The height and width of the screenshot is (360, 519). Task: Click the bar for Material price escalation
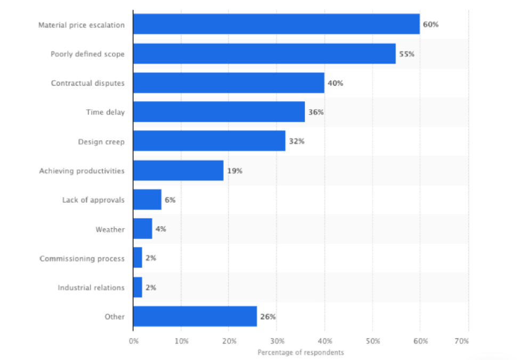(276, 25)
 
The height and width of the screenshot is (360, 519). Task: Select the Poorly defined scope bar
(264, 54)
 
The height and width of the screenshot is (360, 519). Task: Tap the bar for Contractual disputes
(229, 83)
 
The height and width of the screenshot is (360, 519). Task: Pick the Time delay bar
(219, 112)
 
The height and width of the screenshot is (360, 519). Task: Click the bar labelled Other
(195, 316)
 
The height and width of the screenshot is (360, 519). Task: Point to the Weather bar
(143, 229)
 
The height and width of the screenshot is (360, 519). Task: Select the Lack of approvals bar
(147, 199)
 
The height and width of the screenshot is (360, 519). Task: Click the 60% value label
(431, 25)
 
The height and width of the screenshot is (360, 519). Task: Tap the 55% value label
(407, 54)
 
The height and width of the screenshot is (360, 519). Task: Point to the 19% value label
(234, 171)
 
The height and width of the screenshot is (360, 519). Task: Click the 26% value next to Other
(267, 316)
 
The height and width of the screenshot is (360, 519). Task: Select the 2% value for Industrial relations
(150, 287)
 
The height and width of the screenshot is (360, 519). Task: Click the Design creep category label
(101, 141)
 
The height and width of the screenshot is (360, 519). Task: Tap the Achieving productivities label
(82, 171)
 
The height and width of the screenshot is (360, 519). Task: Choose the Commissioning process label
(82, 259)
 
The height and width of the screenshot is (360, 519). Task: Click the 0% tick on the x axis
(133, 340)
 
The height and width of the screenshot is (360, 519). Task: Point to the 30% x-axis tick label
(277, 340)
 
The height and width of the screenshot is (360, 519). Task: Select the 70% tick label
(468, 340)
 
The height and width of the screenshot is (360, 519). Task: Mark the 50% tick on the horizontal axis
(372, 340)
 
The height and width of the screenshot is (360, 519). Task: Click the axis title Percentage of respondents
(301, 353)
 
